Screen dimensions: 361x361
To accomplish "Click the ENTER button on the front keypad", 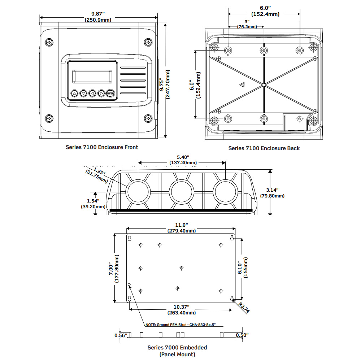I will coord(111,93).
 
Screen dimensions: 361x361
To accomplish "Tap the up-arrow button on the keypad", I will coord(74,93).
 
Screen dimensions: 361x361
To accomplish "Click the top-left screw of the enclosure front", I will coord(49,43).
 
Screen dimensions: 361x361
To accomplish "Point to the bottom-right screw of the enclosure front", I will coord(148,118).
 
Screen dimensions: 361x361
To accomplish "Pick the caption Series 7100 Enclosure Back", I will coord(264,148).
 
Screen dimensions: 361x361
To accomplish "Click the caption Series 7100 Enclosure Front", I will coord(102,147).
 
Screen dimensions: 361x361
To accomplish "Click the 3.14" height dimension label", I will coord(272,190).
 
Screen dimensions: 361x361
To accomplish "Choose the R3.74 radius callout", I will coord(245,308).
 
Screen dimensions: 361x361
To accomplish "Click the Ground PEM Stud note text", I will coord(180,325).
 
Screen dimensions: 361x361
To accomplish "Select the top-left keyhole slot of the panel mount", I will coord(129,238).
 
